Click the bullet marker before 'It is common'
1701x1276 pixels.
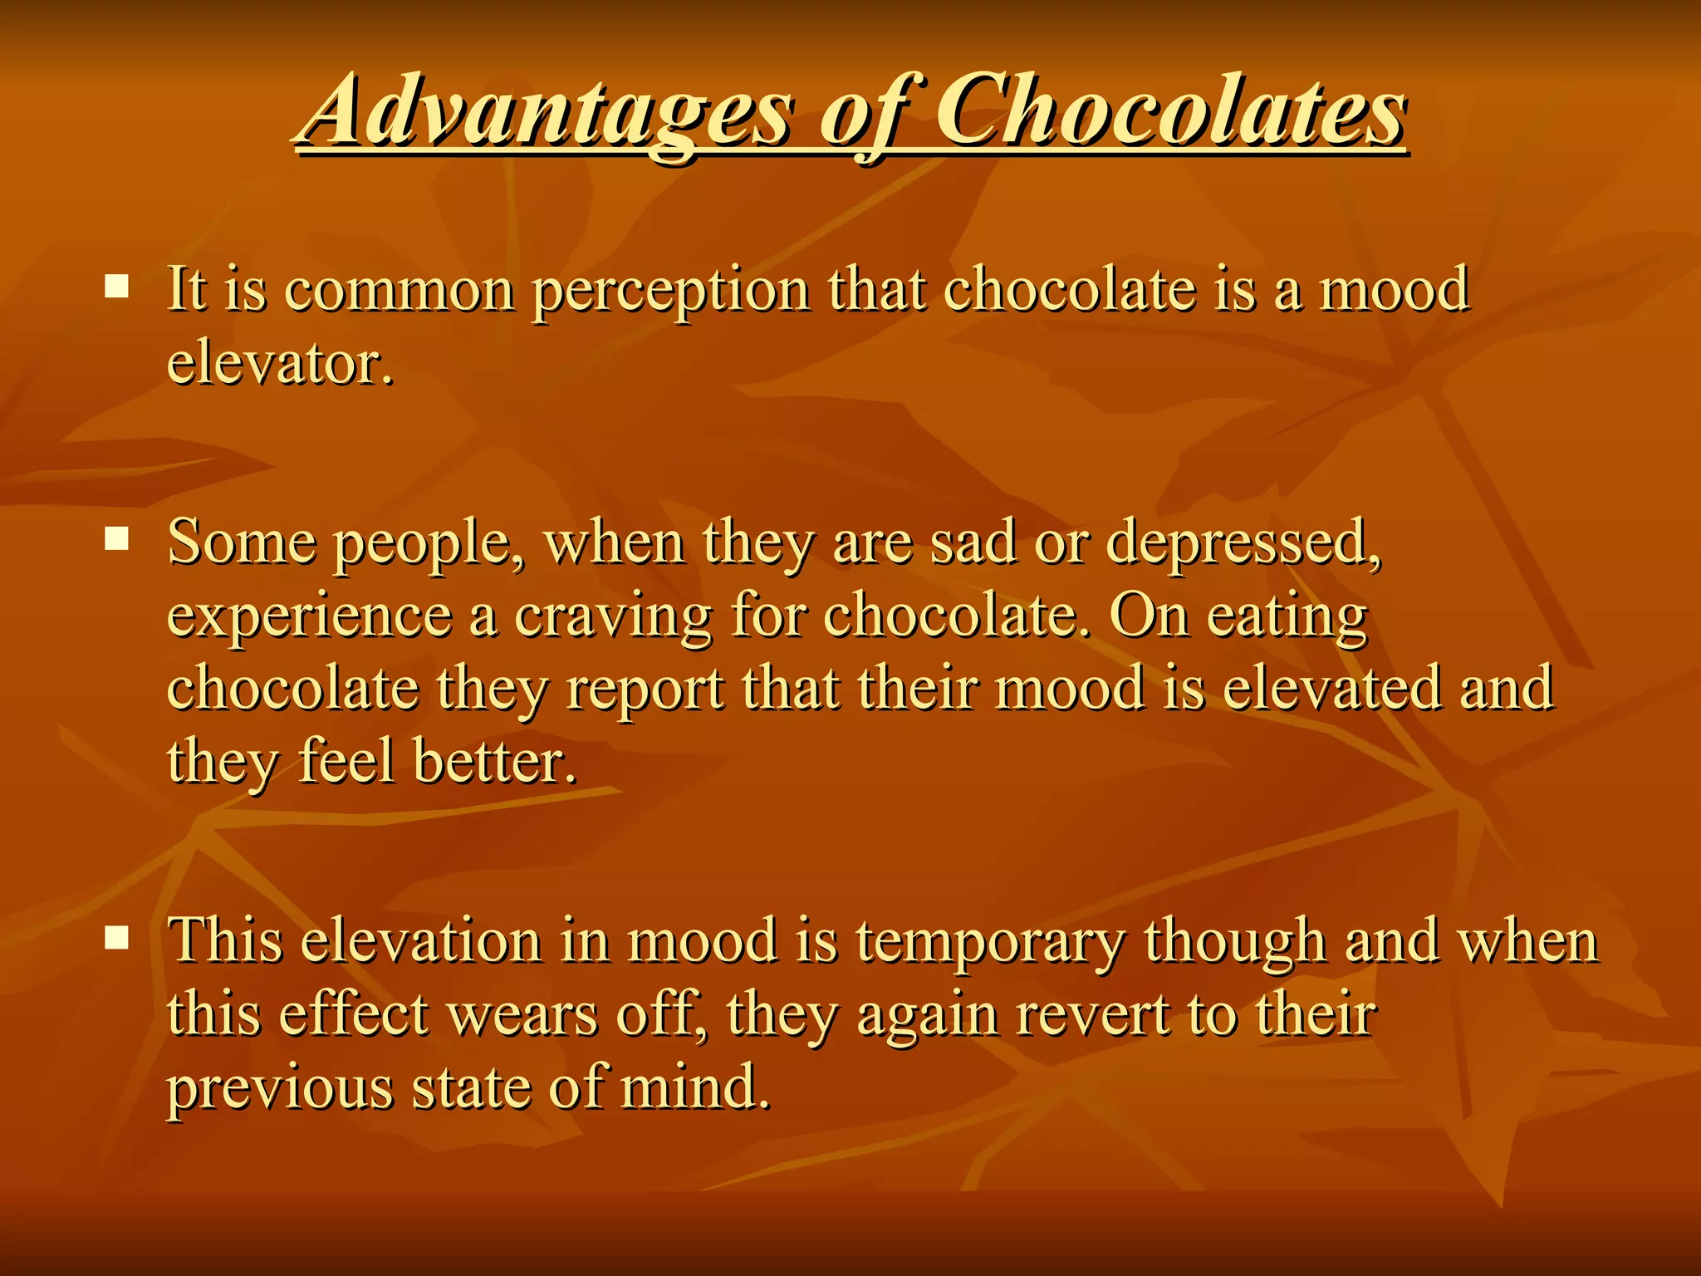click(x=117, y=287)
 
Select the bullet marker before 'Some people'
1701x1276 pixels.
click(x=117, y=541)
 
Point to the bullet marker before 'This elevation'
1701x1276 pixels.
click(x=117, y=939)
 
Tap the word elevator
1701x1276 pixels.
click(x=280, y=364)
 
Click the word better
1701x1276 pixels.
click(x=494, y=762)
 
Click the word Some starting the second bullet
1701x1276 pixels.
click(x=242, y=542)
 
